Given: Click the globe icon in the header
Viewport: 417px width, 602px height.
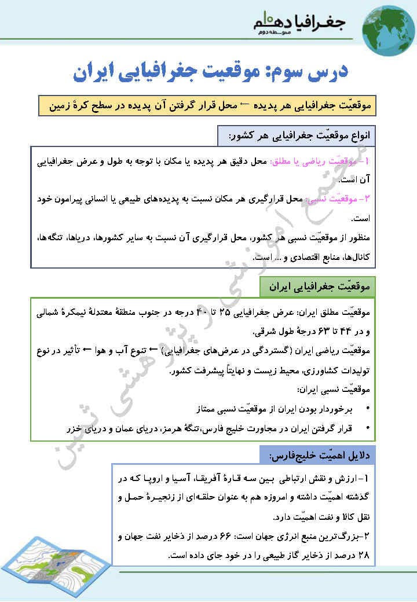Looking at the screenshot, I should click(389, 27).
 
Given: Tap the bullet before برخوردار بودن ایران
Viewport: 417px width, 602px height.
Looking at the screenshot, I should click(368, 409).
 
